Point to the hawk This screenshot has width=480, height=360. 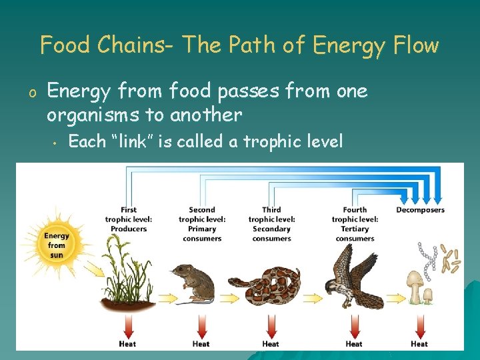coord(353,277)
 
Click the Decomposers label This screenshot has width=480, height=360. coord(420,210)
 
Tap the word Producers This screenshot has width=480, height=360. coord(129,229)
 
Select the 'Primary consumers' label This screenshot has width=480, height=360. coord(202,233)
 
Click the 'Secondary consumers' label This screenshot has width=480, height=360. coord(271,233)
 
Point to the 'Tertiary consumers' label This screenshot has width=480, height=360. coord(355,233)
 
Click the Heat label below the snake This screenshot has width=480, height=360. coord(271,344)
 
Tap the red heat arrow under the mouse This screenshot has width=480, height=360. coord(201,327)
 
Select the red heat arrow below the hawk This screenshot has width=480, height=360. coord(354,327)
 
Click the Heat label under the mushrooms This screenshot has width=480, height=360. coord(419,344)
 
